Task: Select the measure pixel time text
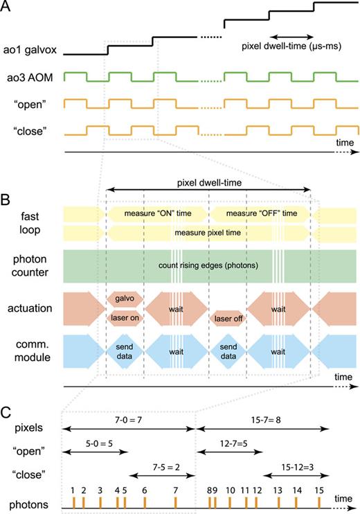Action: [x=209, y=233]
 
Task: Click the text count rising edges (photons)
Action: [x=209, y=265]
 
